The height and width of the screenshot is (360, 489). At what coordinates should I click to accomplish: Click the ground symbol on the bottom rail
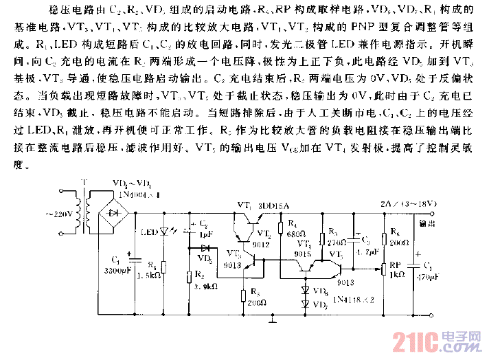(273, 318)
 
